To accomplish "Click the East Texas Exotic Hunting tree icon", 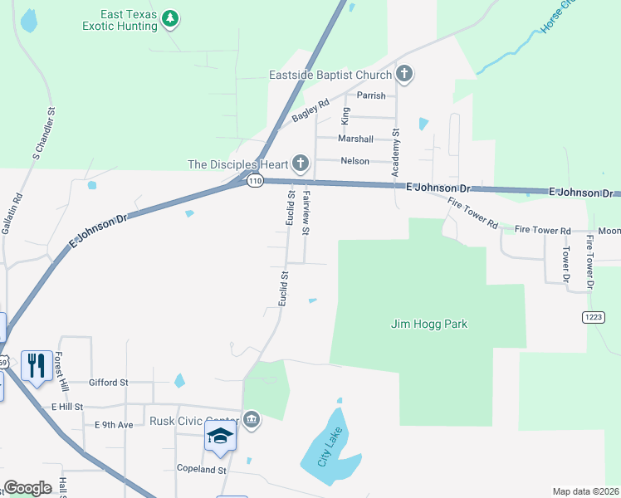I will tap(170, 18).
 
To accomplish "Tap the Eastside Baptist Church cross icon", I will tap(404, 75).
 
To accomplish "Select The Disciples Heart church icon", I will tap(301, 164).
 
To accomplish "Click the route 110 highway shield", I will tap(255, 181).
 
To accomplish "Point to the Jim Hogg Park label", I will tap(429, 324).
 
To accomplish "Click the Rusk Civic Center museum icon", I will tap(252, 421).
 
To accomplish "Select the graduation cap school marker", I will tap(221, 436).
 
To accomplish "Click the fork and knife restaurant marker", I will tap(36, 364).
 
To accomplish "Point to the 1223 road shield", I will tap(594, 317).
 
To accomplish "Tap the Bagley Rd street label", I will tap(310, 111).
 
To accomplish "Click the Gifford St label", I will tap(110, 383).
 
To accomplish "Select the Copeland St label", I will tap(202, 469).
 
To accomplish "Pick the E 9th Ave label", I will tap(114, 424).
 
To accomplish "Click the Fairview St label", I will tap(306, 211).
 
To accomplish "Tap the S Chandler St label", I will tap(44, 133).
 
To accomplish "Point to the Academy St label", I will tap(396, 153).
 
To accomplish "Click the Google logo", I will tap(27, 488).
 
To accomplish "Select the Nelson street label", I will tap(355, 160).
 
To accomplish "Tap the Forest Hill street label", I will tap(60, 369).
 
